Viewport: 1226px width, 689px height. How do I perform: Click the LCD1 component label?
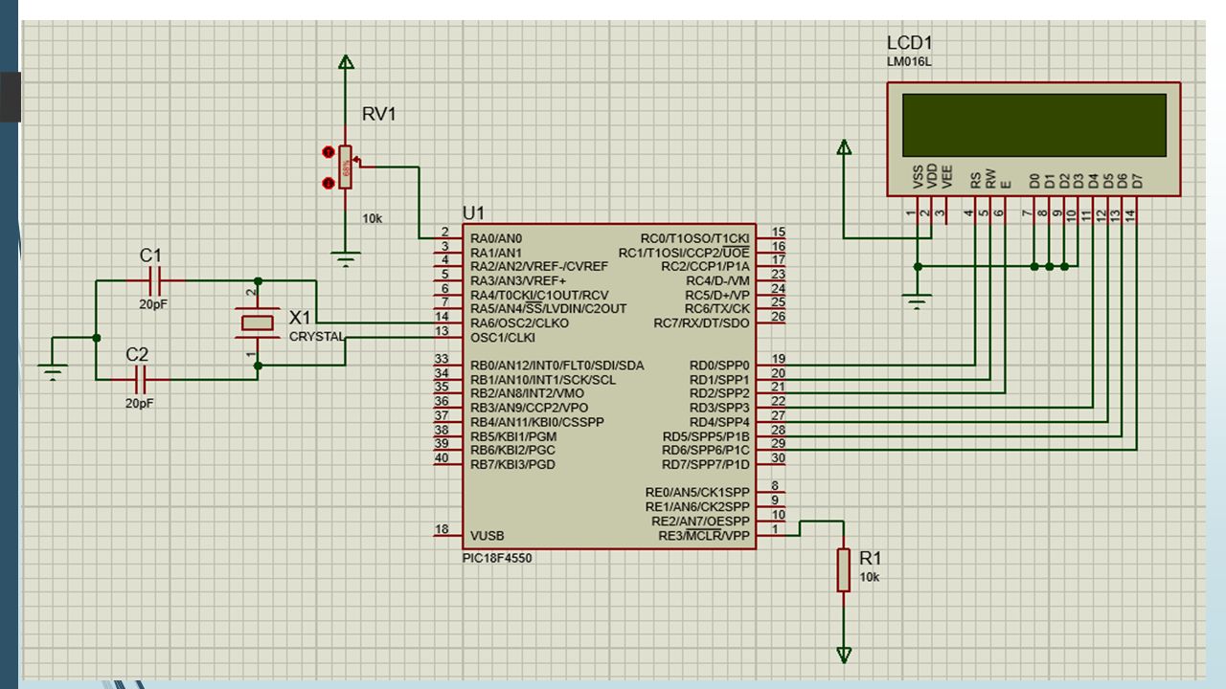click(909, 43)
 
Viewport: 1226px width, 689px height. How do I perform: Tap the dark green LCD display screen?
click(1033, 125)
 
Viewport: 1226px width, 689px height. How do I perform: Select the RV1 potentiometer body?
click(345, 167)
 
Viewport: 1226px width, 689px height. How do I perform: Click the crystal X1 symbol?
click(258, 323)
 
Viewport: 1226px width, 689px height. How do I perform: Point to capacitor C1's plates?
click(154, 281)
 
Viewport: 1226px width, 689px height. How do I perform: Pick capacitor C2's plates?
click(141, 380)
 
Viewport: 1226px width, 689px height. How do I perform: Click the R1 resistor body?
click(844, 570)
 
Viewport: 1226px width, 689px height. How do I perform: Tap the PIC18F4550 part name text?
click(497, 558)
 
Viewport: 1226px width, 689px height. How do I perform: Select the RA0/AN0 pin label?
click(496, 238)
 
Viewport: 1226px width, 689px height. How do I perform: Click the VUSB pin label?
click(488, 536)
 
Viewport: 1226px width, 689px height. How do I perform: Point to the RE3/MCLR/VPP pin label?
click(704, 536)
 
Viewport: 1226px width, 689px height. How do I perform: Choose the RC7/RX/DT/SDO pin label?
click(701, 323)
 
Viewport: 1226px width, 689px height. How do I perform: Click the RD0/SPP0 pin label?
click(719, 366)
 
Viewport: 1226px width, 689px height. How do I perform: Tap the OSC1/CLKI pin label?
click(503, 338)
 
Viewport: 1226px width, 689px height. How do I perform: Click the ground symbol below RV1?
click(346, 258)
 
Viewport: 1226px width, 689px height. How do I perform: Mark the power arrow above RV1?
click(346, 62)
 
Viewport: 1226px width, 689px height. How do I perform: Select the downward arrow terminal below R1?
click(844, 655)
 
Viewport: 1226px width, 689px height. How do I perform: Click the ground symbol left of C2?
click(53, 372)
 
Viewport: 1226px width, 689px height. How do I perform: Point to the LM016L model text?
click(909, 62)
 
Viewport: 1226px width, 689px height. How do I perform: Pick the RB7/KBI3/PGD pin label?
click(512, 465)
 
